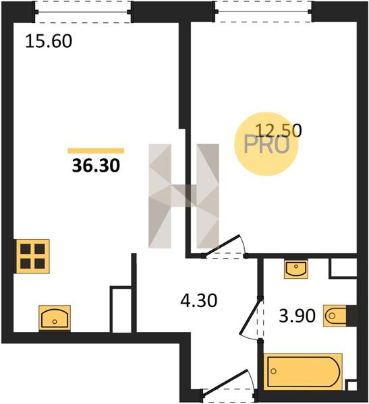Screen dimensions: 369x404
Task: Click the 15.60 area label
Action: (49, 41)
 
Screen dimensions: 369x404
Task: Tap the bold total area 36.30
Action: (96, 165)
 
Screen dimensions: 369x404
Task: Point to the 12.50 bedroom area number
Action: (279, 130)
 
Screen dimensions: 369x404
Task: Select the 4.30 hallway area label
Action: (199, 300)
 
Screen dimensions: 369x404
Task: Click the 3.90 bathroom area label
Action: (297, 316)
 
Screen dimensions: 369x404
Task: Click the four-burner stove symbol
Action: (32, 256)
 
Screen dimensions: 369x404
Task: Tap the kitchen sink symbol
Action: (55, 318)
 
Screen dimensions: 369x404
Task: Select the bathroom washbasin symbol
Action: (296, 269)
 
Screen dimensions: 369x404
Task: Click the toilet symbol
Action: (335, 316)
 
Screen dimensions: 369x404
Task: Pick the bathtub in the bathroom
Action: (303, 372)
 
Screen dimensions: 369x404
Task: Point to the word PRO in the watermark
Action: (266, 145)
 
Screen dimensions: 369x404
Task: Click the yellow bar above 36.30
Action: (96, 151)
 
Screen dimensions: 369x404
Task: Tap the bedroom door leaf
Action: (221, 245)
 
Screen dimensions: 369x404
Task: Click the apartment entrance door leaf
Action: (225, 381)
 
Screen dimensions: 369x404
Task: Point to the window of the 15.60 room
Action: (83, 12)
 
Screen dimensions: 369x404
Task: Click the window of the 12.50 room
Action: (264, 11)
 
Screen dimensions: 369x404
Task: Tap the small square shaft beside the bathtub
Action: (352, 386)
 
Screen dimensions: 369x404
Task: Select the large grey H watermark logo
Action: (184, 196)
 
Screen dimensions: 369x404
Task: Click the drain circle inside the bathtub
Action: (273, 371)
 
